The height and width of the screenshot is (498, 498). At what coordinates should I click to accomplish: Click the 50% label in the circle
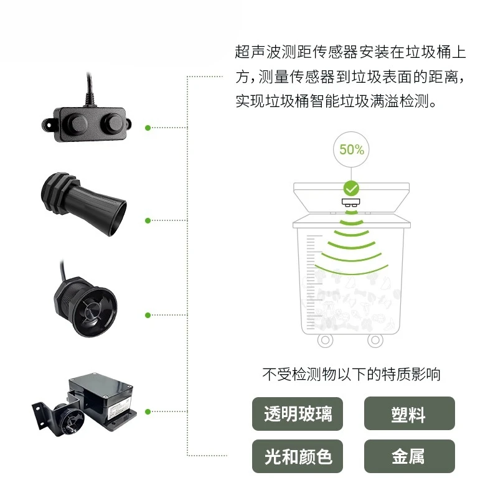tap(351, 149)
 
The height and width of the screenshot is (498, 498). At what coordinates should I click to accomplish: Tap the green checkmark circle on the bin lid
tap(351, 189)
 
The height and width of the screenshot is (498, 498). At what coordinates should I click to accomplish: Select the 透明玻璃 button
tap(298, 414)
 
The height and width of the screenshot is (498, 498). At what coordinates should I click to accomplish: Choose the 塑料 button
tap(410, 414)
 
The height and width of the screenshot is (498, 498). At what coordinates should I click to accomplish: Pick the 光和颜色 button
tap(298, 456)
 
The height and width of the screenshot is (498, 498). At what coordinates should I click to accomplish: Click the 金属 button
tap(410, 456)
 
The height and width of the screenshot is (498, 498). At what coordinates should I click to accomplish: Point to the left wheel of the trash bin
tap(325, 340)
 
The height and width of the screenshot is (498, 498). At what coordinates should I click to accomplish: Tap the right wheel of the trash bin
tap(375, 340)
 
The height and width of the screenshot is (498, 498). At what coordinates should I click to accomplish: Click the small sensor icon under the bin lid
tap(351, 202)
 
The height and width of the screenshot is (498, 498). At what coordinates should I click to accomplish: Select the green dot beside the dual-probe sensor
tap(148, 128)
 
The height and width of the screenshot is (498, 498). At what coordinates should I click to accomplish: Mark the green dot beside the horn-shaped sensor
tap(148, 220)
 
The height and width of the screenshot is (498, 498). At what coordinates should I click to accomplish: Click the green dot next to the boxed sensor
tap(148, 411)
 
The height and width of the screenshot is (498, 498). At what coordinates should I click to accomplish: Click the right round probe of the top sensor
tap(112, 123)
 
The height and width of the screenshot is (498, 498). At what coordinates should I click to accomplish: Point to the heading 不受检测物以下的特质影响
tap(352, 375)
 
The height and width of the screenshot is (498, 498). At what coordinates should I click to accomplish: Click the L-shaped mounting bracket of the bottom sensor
tap(43, 413)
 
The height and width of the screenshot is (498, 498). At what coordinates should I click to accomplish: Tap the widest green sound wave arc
tap(352, 270)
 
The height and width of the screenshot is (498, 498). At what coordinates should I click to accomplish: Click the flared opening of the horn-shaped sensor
tap(115, 218)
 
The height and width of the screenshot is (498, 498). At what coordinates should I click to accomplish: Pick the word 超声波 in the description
tap(258, 52)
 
